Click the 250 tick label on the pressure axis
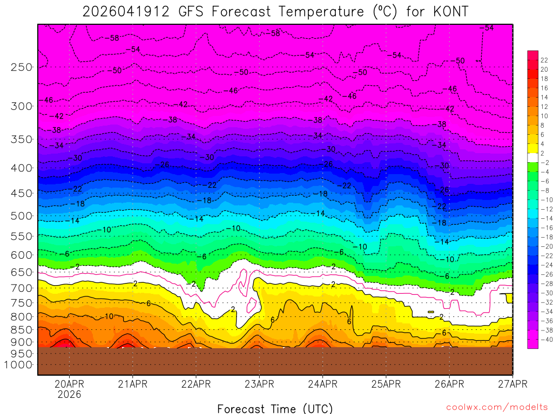tap(22, 67)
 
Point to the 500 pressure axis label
tap(22, 216)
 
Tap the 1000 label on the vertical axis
tap(19, 364)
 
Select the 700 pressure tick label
tap(22, 288)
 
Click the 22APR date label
tap(196, 384)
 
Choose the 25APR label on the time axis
tap(386, 384)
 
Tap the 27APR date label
tap(512, 384)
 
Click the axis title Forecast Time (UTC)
tap(275, 409)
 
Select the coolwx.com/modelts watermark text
tap(496, 408)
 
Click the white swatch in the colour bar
tap(532, 153)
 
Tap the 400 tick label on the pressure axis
tap(22, 168)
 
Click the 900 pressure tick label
tap(22, 342)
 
